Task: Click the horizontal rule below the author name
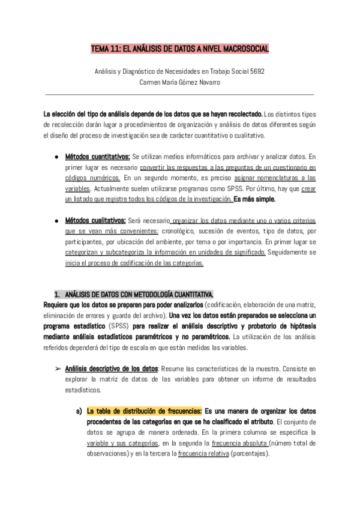tap(180, 94)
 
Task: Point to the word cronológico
tap(184, 232)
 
